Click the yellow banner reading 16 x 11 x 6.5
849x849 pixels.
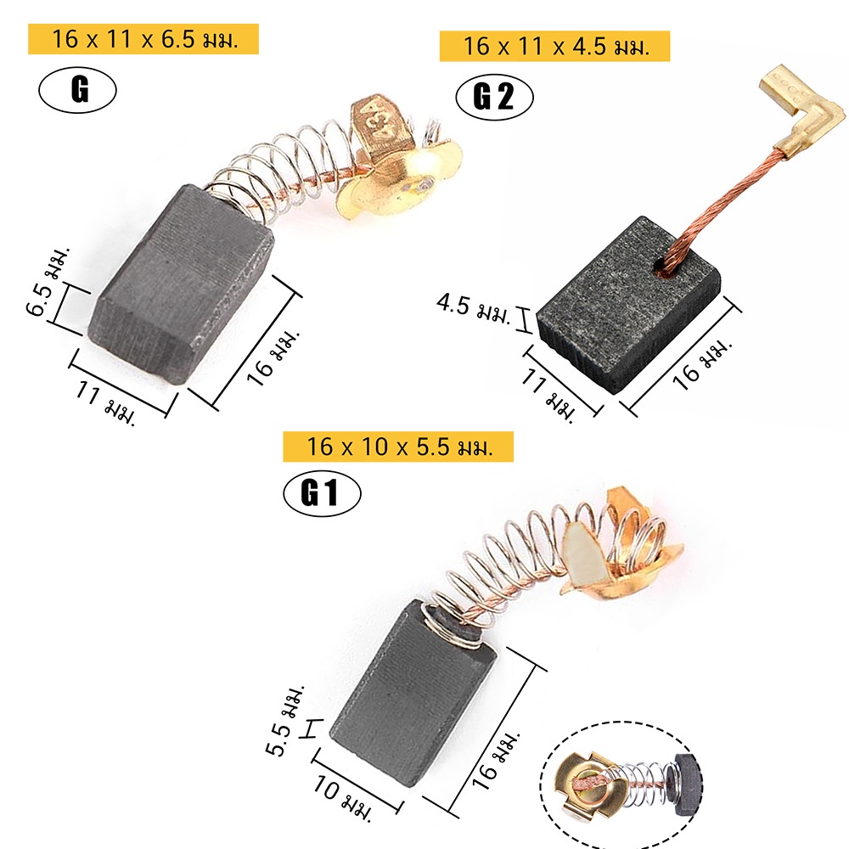[x=143, y=39]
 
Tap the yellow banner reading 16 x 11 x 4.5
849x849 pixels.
[x=554, y=46]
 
